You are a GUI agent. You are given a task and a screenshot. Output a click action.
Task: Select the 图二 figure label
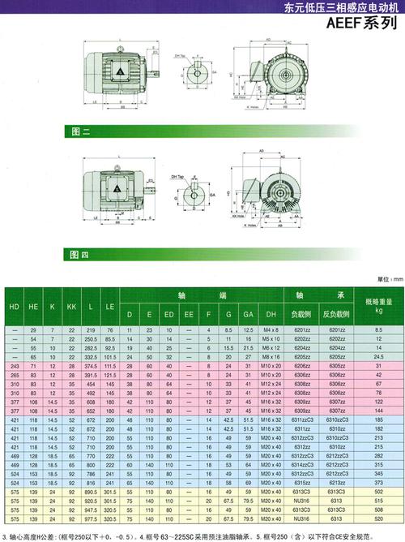click(79, 131)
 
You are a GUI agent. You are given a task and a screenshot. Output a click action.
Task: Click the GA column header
click(248, 314)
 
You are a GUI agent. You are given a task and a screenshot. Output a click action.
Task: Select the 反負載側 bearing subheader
click(335, 314)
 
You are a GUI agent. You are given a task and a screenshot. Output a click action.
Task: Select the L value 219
click(92, 330)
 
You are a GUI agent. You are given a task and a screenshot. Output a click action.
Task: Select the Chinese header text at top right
click(339, 7)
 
